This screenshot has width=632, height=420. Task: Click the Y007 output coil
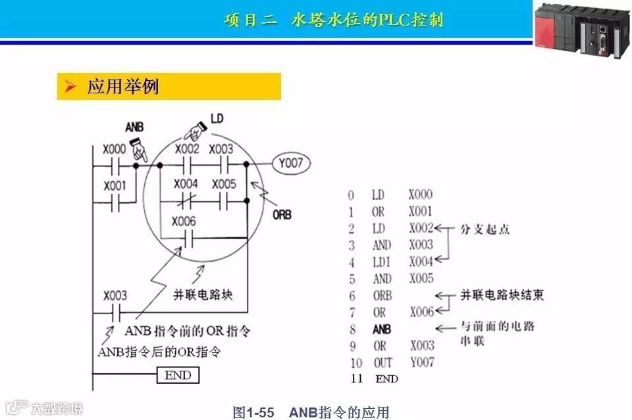289,162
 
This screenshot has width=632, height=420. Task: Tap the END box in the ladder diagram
178,375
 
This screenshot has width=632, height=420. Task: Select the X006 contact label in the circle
184,222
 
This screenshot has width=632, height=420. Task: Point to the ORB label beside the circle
282,215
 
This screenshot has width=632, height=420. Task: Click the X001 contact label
115,186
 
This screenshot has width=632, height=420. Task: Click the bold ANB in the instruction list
381,329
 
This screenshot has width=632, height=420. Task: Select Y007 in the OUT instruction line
421,363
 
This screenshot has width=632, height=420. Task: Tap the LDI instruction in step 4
380,262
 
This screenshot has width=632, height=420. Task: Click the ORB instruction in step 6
382,296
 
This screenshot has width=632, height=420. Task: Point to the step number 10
356,363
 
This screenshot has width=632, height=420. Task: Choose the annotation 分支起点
487,229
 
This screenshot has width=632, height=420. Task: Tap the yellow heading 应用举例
122,86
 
